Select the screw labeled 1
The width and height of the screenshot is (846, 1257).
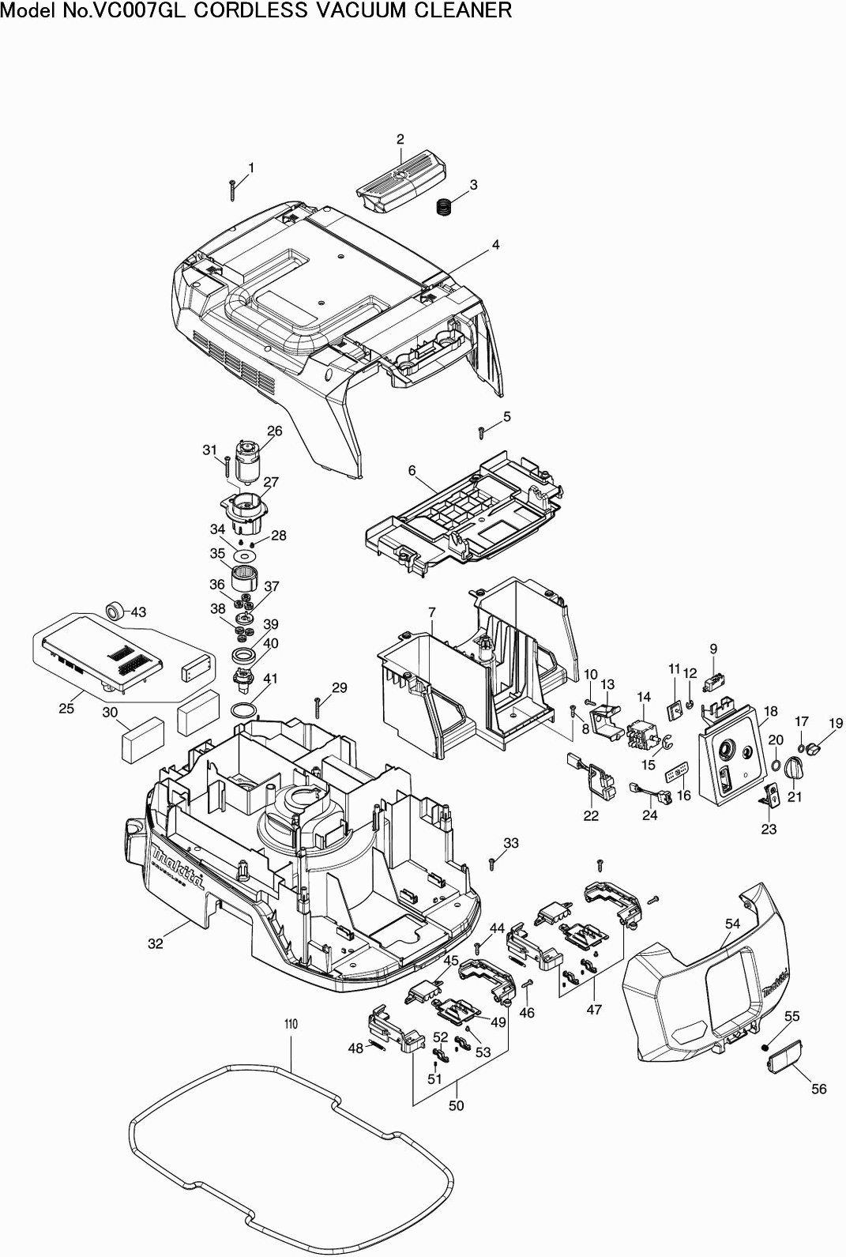tap(233, 190)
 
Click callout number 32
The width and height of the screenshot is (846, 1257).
tap(156, 943)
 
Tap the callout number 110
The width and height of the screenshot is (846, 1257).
tap(291, 1024)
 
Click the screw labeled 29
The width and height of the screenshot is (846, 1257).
tap(317, 702)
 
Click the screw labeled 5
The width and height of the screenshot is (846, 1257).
tap(481, 431)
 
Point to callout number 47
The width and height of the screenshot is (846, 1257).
tap(594, 1009)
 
